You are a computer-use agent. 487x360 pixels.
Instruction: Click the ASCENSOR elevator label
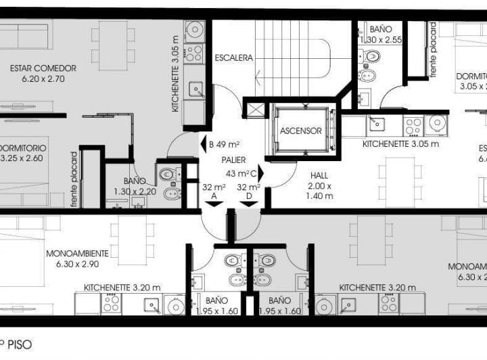[301, 131]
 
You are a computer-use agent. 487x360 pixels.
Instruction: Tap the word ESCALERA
[234, 58]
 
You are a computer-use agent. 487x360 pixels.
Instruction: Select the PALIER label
[233, 160]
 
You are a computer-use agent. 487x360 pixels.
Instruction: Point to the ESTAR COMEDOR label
[43, 73]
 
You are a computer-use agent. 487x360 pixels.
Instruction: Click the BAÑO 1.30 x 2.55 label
[381, 35]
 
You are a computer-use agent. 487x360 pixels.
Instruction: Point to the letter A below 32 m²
[214, 197]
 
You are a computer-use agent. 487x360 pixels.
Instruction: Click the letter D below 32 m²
[250, 197]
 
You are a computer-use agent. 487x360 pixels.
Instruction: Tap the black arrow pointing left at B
[203, 144]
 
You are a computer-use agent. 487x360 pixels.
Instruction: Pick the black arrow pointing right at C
[261, 174]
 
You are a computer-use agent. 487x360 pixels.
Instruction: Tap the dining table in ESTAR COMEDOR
[113, 45]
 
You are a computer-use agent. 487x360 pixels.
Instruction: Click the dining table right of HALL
[400, 182]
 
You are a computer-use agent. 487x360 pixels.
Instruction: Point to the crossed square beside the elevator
[255, 110]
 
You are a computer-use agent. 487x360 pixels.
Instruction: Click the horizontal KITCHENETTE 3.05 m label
[401, 143]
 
